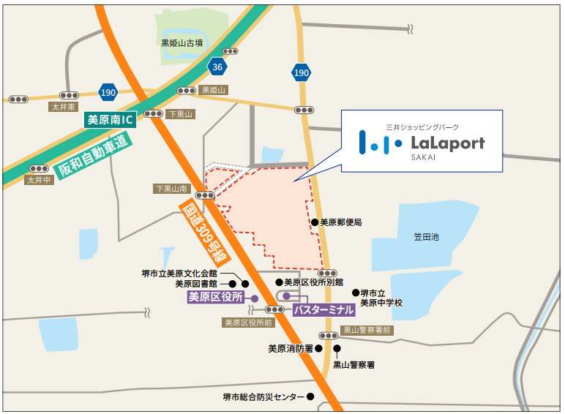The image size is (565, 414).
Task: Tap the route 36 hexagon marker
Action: tap(216, 67)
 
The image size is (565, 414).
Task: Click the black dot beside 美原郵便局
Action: tap(314, 222)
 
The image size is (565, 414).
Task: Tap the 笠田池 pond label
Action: tap(425, 237)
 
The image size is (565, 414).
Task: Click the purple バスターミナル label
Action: tap(323, 310)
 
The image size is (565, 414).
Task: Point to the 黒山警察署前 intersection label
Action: tap(367, 331)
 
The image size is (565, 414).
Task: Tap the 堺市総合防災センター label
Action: tap(263, 397)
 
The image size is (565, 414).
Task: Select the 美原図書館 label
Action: tap(198, 284)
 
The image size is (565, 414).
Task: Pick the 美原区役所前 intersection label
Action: tap(248, 322)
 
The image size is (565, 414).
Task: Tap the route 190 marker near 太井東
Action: tap(108, 92)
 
